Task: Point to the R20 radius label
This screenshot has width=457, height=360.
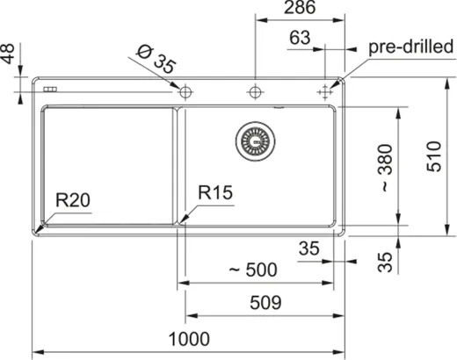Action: point(73,199)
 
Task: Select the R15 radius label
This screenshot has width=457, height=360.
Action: point(214,192)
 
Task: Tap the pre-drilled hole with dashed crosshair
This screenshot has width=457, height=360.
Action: point(326,90)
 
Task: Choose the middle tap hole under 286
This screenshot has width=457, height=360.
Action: point(255,90)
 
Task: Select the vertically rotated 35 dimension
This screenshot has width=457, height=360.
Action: point(383,260)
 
